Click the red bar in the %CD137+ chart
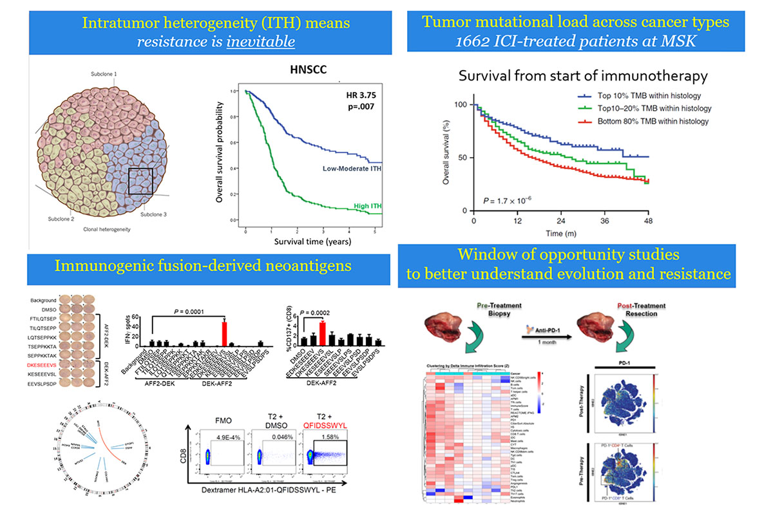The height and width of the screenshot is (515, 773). pyautogui.click(x=323, y=333)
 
